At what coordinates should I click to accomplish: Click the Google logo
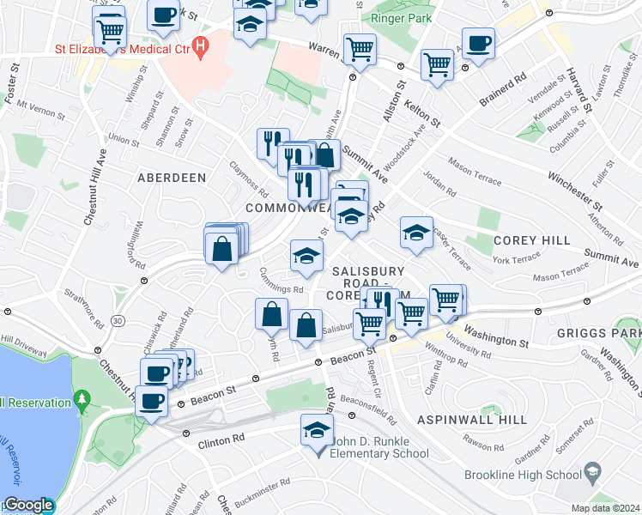point(27,506)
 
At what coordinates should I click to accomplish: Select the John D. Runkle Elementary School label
point(373,453)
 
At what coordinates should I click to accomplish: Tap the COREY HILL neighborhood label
point(532,241)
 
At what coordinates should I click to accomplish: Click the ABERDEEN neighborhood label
point(172,178)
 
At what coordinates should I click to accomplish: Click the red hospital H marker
point(202,45)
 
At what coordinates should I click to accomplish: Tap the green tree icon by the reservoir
point(82,399)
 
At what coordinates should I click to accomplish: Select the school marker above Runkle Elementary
point(316,428)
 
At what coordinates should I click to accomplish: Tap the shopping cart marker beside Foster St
point(109,32)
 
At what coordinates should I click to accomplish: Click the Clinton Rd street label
point(221,437)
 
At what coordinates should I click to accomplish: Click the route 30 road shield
point(118,320)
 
